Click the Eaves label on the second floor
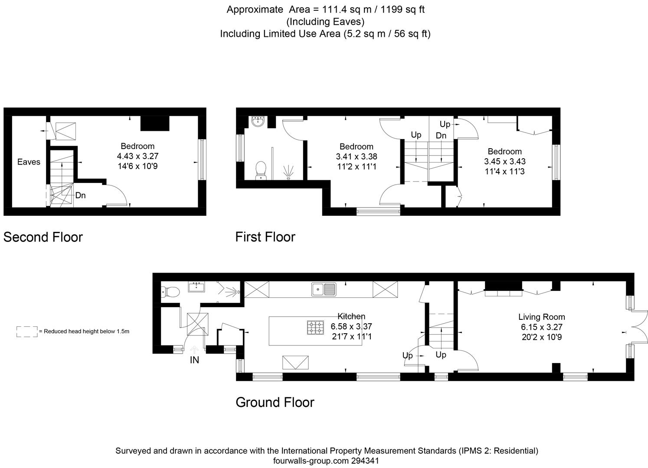[x=29, y=162]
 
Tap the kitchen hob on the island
[x=315, y=327]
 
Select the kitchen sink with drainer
[x=324, y=289]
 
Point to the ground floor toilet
[x=170, y=292]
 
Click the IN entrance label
[x=194, y=360]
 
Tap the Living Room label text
[x=542, y=317]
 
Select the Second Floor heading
[x=43, y=237]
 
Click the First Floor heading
[x=265, y=237]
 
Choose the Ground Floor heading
[x=275, y=403]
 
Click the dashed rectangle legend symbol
[x=27, y=331]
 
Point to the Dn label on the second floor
[x=80, y=195]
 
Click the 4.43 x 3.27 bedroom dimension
[x=137, y=156]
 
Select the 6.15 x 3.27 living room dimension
[x=542, y=327]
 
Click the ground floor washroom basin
[x=197, y=287]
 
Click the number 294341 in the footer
[x=365, y=461]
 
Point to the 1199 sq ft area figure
[x=403, y=10]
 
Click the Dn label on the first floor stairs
[x=441, y=135]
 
